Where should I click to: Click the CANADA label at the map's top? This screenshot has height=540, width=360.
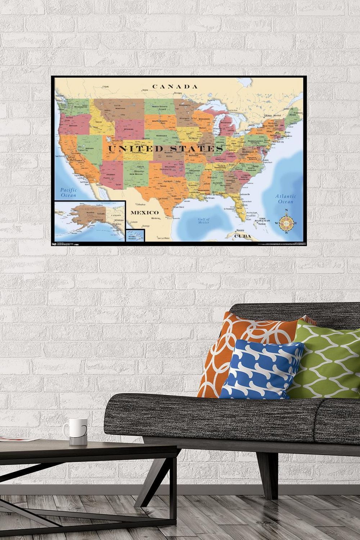coord(175,86)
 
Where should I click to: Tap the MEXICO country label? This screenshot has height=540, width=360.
coord(145,212)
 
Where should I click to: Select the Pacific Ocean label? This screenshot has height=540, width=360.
coord(68,192)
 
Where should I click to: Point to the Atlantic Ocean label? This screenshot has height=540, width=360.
coord(286,199)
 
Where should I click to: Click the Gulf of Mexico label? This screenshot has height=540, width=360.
coord(203,221)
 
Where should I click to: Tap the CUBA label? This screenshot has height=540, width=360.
coord(242,237)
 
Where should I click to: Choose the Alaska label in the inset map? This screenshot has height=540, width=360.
coord(90,213)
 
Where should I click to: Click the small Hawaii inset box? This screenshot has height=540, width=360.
coord(135,235)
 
